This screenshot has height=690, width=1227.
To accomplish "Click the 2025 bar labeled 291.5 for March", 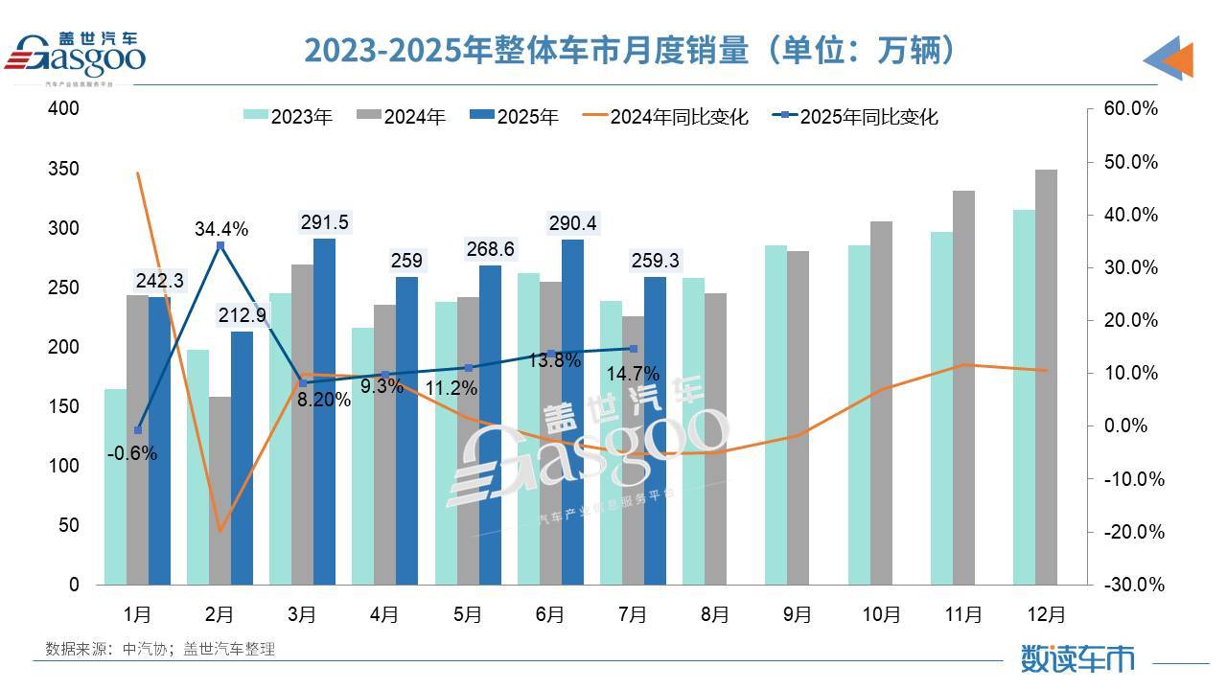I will pos(324,412).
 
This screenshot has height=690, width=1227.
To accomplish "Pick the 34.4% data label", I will pos(221,229).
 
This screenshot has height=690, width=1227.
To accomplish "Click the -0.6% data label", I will pos(132,454).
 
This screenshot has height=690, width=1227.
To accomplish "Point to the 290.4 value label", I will pos(572,223).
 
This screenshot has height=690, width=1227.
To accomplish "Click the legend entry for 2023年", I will pos(289,117).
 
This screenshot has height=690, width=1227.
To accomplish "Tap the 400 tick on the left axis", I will pos(64,109).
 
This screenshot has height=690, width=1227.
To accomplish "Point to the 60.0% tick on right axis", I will pos(1131,109).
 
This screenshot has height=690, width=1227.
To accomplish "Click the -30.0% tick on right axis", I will pos(1131,585).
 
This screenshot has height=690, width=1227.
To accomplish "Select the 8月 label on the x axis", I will pos(715,614).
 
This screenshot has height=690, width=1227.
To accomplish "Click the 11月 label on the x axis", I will pos(963,614).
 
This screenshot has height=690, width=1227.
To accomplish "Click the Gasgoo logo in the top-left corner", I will pos(77,53).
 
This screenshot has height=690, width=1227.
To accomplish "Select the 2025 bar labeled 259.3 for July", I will pos(655,431).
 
